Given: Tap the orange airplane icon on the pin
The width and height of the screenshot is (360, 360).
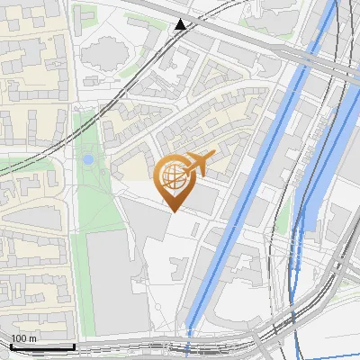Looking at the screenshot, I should pyautogui.click(x=199, y=163).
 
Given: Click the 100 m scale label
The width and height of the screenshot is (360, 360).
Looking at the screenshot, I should pyautogui.click(x=24, y=338).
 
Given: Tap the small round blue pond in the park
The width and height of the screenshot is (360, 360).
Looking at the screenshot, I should pyautogui.click(x=87, y=159).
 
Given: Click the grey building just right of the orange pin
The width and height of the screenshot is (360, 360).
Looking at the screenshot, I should pyautogui.click(x=205, y=198).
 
